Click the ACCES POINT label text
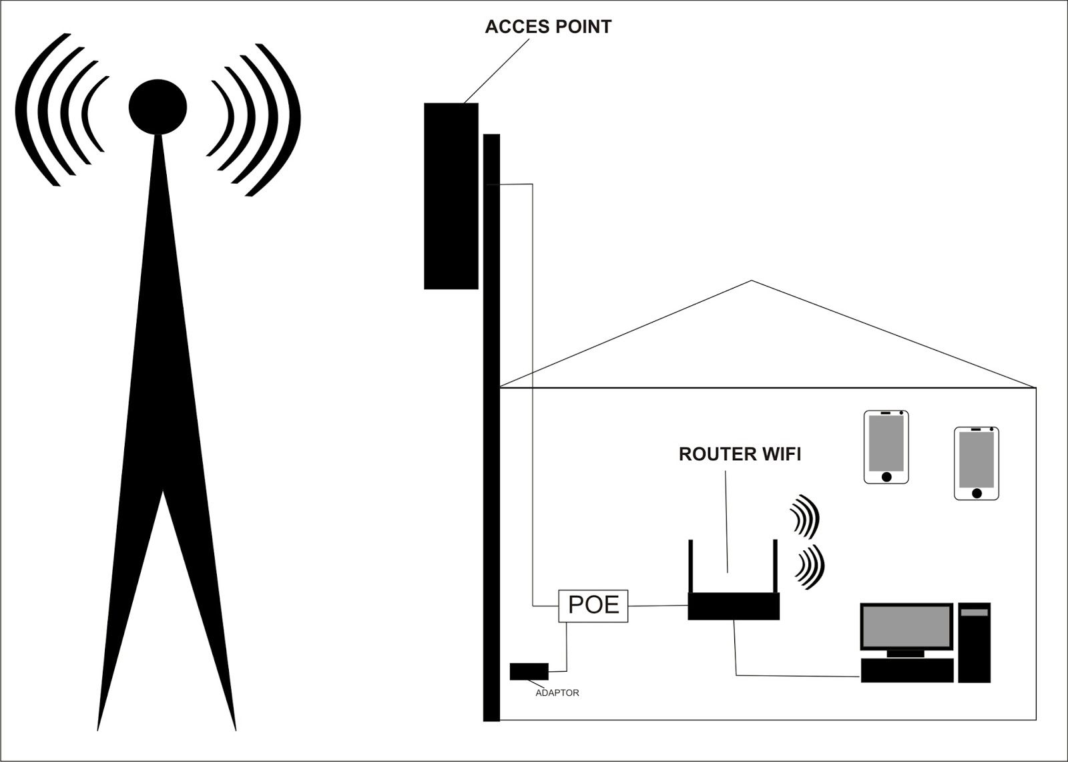[x=547, y=27]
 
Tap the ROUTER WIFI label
[x=740, y=454]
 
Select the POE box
[x=593, y=605]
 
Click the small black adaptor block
[x=529, y=671]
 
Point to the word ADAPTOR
[x=557, y=693]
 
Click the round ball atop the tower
[x=158, y=107]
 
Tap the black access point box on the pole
[x=451, y=196]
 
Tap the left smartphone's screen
[x=886, y=443]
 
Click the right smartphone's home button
[x=977, y=494]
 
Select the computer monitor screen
[x=906, y=626]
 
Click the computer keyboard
[x=906, y=671]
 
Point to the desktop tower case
[x=974, y=642]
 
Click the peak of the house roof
[x=752, y=281]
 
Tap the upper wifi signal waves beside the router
[x=805, y=516]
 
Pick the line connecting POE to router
[x=657, y=606]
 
